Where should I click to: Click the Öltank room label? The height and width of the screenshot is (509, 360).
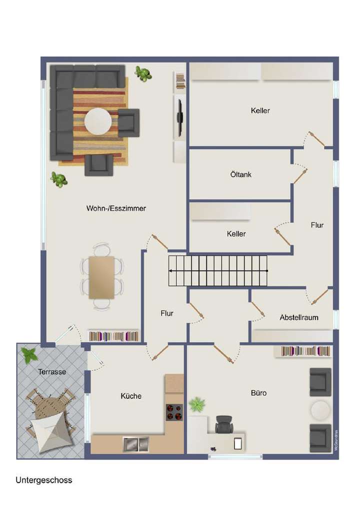pyautogui.click(x=241, y=175)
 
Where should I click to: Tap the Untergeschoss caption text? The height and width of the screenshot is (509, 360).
pyautogui.click(x=44, y=480)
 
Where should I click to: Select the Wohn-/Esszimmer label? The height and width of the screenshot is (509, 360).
pyautogui.click(x=116, y=208)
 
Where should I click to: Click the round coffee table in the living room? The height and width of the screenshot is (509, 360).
pyautogui.click(x=98, y=121)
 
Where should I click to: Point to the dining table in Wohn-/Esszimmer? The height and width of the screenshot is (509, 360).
pyautogui.click(x=101, y=277)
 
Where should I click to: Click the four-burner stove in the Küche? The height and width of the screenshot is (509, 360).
pyautogui.click(x=174, y=412)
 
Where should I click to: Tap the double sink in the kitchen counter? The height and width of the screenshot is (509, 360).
pyautogui.click(x=136, y=442)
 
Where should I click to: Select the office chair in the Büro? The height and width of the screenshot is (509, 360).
pyautogui.click(x=224, y=424)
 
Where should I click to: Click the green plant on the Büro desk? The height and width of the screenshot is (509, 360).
pyautogui.click(x=197, y=404)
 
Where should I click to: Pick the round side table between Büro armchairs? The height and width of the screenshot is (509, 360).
pyautogui.click(x=320, y=410)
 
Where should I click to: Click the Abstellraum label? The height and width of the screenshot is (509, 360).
pyautogui.click(x=299, y=317)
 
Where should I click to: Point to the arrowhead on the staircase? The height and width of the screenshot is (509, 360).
pyautogui.click(x=171, y=270)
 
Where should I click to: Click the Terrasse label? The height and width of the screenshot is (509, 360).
pyautogui.click(x=52, y=371)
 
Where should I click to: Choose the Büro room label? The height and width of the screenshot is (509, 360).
pyautogui.click(x=258, y=393)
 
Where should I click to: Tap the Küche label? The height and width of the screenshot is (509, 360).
pyautogui.click(x=131, y=396)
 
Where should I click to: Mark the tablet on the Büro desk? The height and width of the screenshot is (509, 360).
pyautogui.click(x=238, y=442)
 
